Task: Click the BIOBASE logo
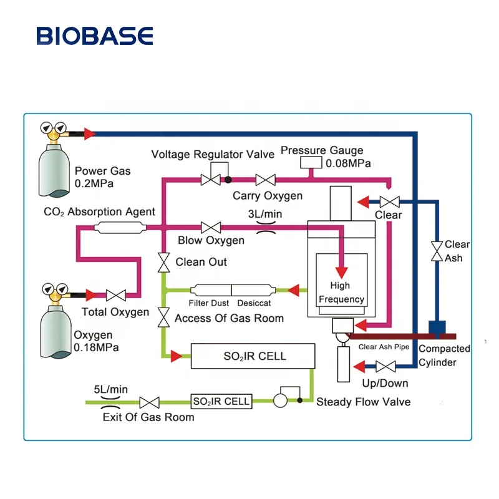tap(94, 36)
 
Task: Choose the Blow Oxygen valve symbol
tap(211, 227)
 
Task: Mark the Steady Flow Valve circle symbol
tap(281, 401)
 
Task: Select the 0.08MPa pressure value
tap(347, 163)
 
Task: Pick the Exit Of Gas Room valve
tap(149, 402)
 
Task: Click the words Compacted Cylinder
tap(444, 356)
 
